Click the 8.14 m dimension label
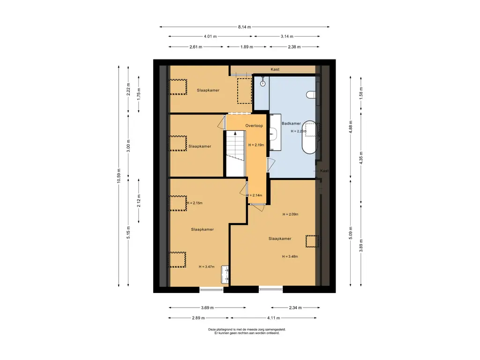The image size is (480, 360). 244,27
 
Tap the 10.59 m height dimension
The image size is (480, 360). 119,176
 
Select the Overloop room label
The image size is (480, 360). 254,126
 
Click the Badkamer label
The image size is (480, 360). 291,123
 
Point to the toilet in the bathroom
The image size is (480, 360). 311,95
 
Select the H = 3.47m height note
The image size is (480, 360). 207,267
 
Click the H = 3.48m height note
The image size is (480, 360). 290,256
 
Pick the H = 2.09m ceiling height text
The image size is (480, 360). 290,214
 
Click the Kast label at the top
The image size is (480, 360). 275,69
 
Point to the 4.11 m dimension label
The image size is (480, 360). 273,318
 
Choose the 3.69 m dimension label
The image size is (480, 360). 207,307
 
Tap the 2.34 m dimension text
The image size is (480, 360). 295,307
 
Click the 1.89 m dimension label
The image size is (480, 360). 247,47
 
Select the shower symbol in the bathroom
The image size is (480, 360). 262,82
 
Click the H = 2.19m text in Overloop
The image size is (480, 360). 256,145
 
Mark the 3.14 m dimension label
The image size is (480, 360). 287,37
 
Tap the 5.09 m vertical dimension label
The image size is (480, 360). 351,233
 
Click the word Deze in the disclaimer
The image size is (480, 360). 212,330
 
